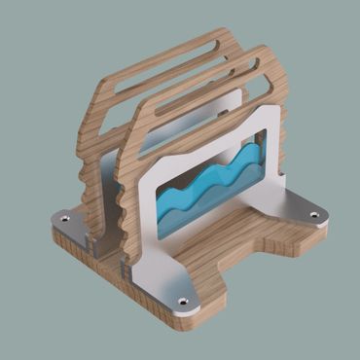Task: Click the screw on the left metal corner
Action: (x=65, y=220)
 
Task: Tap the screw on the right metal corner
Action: (x=313, y=215)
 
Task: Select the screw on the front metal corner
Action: (x=182, y=303)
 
